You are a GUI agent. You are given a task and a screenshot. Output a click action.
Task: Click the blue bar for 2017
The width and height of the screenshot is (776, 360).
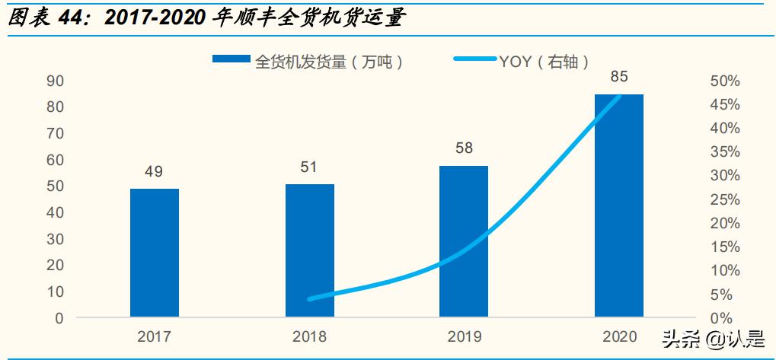155,253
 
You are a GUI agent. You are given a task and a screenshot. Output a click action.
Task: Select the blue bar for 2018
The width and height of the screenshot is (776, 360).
309,250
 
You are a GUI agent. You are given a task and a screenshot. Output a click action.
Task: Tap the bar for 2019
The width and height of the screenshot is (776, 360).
464,241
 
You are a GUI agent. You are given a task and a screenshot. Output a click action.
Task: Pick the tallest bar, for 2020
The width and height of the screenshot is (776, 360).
618,205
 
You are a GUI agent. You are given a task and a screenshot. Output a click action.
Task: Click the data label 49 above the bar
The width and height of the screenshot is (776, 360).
154,172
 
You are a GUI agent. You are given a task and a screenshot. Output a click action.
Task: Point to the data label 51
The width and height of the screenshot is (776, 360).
309,167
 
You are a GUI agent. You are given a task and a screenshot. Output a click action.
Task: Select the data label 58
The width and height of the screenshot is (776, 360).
464,148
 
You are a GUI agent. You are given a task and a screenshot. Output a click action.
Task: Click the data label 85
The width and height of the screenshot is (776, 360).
618,76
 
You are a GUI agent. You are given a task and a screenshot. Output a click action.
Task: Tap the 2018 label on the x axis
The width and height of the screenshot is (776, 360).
309,336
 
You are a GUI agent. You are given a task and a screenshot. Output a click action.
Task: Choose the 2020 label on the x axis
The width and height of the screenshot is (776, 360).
618,336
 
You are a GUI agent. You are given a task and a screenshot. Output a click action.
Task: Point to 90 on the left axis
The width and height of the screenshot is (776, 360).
55,81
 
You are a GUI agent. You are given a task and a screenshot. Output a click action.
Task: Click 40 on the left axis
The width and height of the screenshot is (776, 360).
55,212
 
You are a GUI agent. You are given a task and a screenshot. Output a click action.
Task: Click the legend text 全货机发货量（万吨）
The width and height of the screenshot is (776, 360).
329,62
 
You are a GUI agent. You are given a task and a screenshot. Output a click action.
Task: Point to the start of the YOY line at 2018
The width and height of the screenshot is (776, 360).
310,299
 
